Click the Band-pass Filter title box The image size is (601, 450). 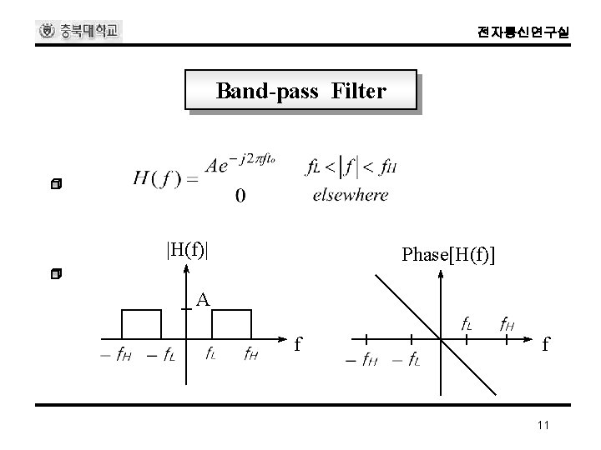[x=300, y=90]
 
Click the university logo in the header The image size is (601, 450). [x=80, y=32]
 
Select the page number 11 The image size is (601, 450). [x=543, y=426]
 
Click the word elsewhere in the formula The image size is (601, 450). [x=350, y=195]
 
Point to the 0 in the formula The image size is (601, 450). [x=240, y=196]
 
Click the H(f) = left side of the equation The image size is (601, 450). [x=164, y=177]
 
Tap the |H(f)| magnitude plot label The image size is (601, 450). [x=187, y=247]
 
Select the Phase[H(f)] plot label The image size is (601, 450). [x=447, y=255]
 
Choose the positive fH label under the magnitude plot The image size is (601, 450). [x=250, y=352]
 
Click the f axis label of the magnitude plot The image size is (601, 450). [x=298, y=342]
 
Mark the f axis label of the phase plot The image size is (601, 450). [x=545, y=342]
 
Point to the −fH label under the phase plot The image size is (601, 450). [x=361, y=360]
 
